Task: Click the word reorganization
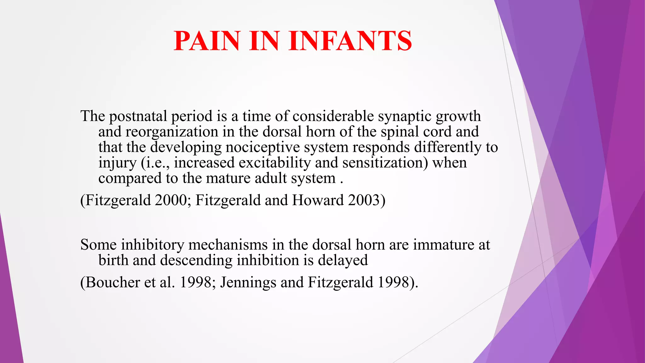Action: click(172, 132)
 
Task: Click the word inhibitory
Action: click(152, 245)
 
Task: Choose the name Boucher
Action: click(112, 282)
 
